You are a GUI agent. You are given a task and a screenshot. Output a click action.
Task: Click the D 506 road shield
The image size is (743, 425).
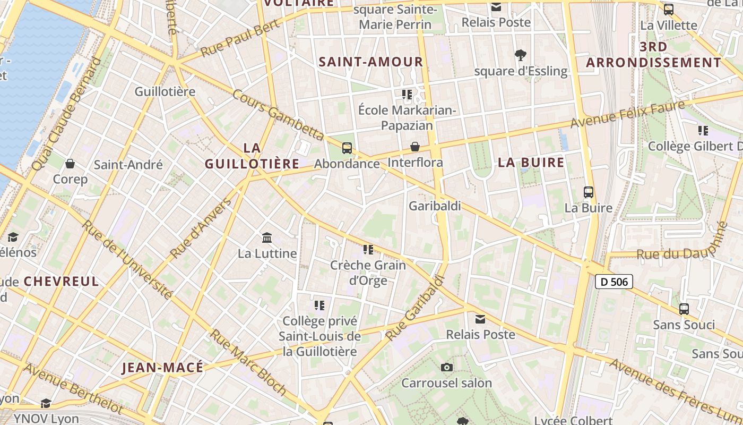(614, 282)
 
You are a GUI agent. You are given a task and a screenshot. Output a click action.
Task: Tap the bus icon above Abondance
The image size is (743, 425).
(347, 148)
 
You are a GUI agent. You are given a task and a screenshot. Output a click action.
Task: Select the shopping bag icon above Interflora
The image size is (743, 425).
(415, 147)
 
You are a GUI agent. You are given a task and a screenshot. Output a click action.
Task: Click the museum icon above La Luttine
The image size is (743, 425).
(267, 237)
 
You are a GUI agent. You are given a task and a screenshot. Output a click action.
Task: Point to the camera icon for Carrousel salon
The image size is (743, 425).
(447, 367)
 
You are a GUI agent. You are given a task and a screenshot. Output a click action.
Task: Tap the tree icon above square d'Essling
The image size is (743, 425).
(521, 54)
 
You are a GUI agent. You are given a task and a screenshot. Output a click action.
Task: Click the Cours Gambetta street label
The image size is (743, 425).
(278, 114)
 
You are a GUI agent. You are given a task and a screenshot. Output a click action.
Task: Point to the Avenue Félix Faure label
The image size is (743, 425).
(628, 114)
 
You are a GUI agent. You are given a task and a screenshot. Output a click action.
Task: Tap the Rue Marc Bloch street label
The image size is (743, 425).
(248, 362)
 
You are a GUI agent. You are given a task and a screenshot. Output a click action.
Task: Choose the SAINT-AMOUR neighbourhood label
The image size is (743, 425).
(371, 62)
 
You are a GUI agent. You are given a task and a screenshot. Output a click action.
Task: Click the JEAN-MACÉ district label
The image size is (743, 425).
(162, 368)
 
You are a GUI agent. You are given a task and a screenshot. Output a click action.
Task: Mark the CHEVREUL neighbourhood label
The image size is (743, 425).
(62, 282)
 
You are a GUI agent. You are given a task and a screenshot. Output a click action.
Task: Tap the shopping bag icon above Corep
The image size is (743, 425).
(70, 164)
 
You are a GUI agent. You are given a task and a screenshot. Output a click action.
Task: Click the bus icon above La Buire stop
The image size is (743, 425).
(588, 192)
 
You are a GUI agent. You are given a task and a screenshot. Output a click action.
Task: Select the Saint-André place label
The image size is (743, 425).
(128, 165)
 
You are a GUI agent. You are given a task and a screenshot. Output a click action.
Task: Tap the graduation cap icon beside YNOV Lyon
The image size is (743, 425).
(46, 404)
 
